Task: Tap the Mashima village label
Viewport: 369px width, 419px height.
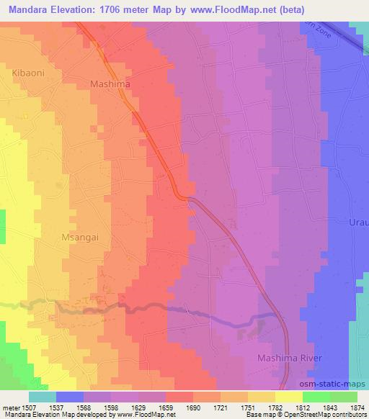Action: tap(111, 84)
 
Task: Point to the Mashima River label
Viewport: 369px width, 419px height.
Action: tap(293, 358)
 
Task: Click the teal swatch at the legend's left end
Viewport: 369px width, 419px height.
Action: tap(42, 397)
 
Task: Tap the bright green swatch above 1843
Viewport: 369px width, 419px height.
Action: tap(316, 397)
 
